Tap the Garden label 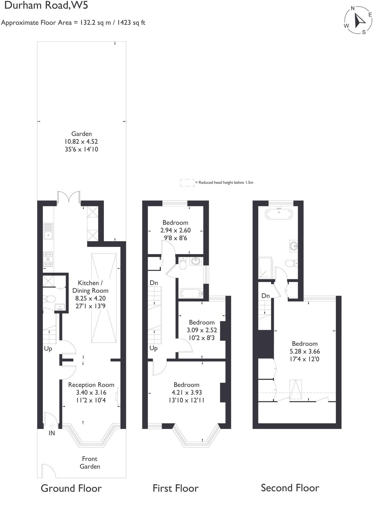(81, 134)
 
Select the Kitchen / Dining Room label (90, 287)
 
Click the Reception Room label (91, 385)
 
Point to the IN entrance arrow (52, 426)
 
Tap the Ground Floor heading (71, 488)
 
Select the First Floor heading (175, 488)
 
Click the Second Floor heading (290, 488)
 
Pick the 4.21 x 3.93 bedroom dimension (186, 392)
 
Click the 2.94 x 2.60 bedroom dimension (175, 230)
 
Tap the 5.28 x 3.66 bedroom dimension (305, 351)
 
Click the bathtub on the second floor (279, 214)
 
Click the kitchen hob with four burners (48, 259)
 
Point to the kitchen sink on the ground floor (48, 231)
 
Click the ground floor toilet (49, 299)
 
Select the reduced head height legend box (187, 183)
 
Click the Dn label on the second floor (265, 296)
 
